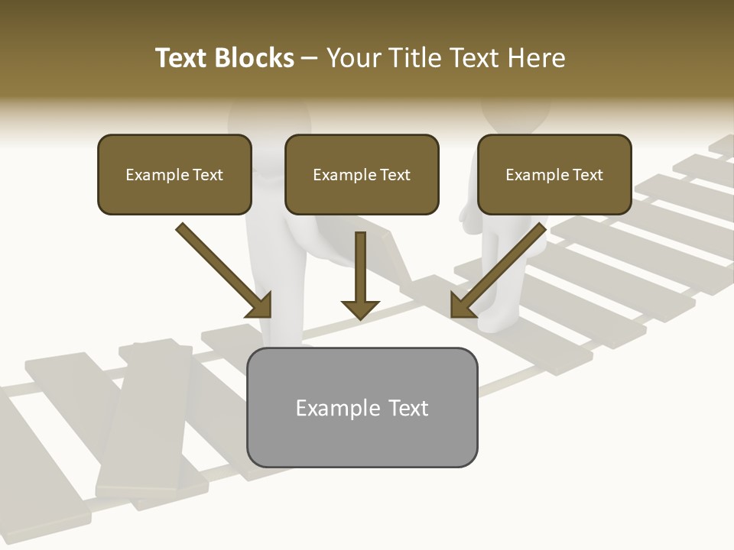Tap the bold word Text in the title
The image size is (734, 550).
point(183,58)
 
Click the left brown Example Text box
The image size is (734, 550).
point(174,175)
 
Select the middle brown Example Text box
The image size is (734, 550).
point(362,175)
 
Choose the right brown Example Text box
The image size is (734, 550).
point(554,175)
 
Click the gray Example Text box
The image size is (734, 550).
point(362,407)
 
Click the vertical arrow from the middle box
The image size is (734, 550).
point(360,271)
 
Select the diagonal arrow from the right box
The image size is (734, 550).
point(502,267)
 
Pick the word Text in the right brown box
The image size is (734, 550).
point(587,175)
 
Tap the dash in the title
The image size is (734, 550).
point(310,58)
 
